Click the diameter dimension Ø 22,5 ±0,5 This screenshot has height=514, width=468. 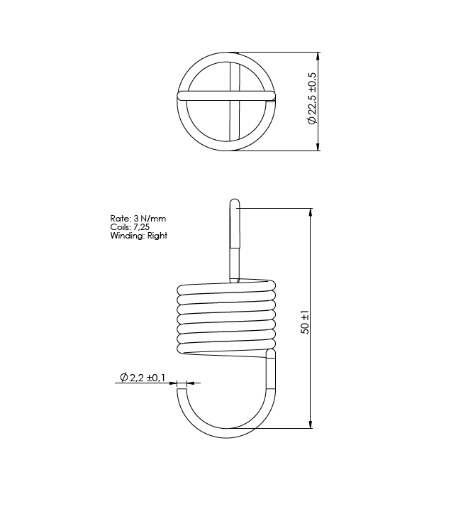pyautogui.click(x=311, y=99)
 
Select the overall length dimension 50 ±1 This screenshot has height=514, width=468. pyautogui.click(x=305, y=321)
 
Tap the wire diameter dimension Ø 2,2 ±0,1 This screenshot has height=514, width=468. pyautogui.click(x=143, y=378)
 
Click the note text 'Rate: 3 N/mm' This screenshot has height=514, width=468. pyautogui.click(x=138, y=218)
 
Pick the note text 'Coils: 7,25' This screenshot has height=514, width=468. pyautogui.click(x=130, y=226)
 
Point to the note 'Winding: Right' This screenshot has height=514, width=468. pyautogui.click(x=138, y=236)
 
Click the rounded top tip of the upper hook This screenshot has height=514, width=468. pyautogui.click(x=235, y=202)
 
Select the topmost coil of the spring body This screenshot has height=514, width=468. pyautogui.click(x=225, y=288)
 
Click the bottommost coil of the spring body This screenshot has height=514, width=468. pyautogui.click(x=225, y=348)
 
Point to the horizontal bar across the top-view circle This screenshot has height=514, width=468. pyautogui.click(x=225, y=94)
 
